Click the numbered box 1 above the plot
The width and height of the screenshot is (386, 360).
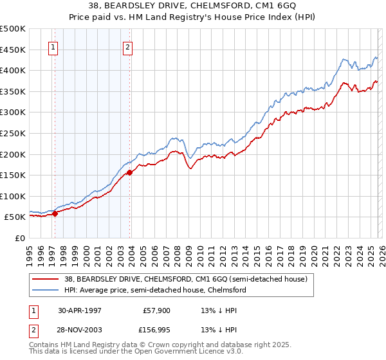point(53,47)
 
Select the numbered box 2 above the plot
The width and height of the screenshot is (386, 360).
point(128,47)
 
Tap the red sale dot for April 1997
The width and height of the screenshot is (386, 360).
point(55,214)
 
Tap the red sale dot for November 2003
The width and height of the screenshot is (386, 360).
point(130,172)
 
